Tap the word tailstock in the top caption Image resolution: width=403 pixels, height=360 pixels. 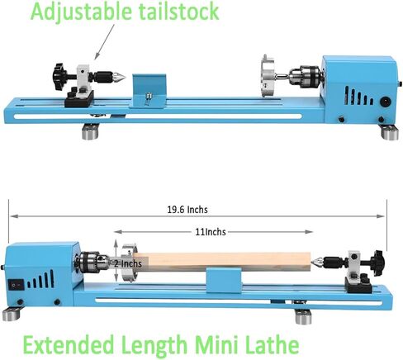point(179,11)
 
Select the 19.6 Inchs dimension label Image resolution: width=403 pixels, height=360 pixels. point(187,210)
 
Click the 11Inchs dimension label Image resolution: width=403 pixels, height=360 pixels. point(211,232)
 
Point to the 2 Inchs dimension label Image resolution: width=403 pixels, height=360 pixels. point(128,263)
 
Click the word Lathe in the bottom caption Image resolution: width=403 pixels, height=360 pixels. point(272,344)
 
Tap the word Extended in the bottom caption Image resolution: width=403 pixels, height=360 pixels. point(69,344)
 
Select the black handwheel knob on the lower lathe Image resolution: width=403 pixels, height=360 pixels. point(377,262)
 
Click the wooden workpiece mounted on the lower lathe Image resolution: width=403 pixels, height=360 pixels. point(225,262)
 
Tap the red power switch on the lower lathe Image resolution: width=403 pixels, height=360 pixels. point(14,285)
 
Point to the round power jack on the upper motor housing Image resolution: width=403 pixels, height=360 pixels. point(385,102)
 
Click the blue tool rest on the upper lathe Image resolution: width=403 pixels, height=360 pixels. point(149,90)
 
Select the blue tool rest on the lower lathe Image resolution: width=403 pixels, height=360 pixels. point(224,280)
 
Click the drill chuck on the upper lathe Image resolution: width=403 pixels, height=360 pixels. point(305,76)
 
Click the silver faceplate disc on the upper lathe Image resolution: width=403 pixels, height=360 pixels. point(268,76)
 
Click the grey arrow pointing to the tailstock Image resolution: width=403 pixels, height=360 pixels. point(104,41)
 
